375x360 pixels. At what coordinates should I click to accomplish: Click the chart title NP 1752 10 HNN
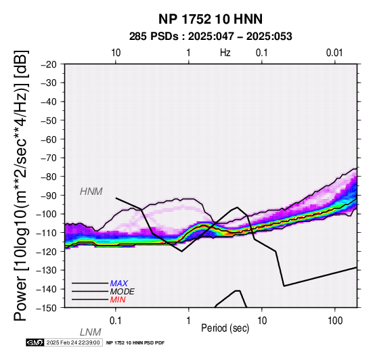pyautogui.click(x=211, y=19)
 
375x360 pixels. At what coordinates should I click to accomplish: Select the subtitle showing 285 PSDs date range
pyautogui.click(x=211, y=37)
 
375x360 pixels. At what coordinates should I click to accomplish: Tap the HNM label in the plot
pyautogui.click(x=91, y=192)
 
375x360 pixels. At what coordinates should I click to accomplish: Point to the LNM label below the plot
pyautogui.click(x=91, y=332)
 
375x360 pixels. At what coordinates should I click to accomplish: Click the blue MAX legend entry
pyautogui.click(x=119, y=284)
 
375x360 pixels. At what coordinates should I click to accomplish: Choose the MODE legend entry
pyautogui.click(x=123, y=292)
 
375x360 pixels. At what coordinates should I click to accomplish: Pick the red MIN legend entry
pyautogui.click(x=118, y=300)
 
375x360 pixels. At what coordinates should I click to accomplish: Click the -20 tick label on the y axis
pyautogui.click(x=49, y=64)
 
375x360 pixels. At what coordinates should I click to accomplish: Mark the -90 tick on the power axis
pyautogui.click(x=49, y=196)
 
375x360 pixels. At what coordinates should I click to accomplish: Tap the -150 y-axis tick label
pyautogui.click(x=47, y=308)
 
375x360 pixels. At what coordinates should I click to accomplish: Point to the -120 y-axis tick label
pyautogui.click(x=47, y=252)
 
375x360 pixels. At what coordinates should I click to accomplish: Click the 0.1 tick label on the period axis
pyautogui.click(x=116, y=321)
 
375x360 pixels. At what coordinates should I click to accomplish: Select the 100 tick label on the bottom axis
pyautogui.click(x=335, y=321)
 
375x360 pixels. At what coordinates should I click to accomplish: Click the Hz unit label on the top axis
pyautogui.click(x=225, y=53)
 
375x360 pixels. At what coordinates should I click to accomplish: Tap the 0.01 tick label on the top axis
pyautogui.click(x=334, y=53)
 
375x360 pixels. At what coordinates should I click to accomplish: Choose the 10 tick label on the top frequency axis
pyautogui.click(x=116, y=53)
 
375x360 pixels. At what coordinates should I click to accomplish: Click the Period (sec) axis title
pyautogui.click(x=225, y=328)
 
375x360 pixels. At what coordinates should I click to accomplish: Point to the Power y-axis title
pyautogui.click(x=20, y=186)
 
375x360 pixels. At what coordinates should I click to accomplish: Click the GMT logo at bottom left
pyautogui.click(x=35, y=342)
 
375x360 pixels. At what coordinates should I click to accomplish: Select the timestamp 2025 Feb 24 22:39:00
pyautogui.click(x=73, y=342)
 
